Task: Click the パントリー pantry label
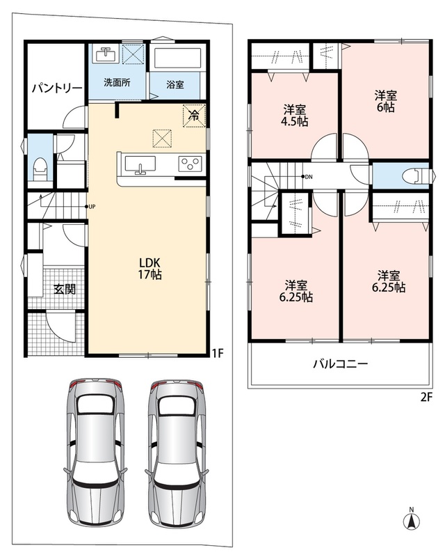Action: pyautogui.click(x=57, y=88)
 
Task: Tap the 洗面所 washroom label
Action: pyautogui.click(x=117, y=83)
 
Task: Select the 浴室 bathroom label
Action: pyautogui.click(x=175, y=84)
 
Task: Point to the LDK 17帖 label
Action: pyautogui.click(x=150, y=268)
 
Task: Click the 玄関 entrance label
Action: pyautogui.click(x=65, y=289)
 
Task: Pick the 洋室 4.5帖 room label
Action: pyautogui.click(x=295, y=116)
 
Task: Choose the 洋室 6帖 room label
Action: pyautogui.click(x=386, y=101)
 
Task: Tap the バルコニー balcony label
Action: pyautogui.click(x=340, y=363)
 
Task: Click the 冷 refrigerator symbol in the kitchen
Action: pyautogui.click(x=194, y=115)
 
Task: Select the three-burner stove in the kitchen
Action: pyautogui.click(x=190, y=164)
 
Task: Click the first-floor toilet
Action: pyautogui.click(x=40, y=169)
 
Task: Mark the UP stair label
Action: pyautogui.click(x=92, y=206)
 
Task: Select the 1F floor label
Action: pyautogui.click(x=218, y=353)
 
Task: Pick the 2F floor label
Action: pyautogui.click(x=427, y=397)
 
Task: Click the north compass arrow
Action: pyautogui.click(x=412, y=520)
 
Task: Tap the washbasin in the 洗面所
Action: pyautogui.click(x=106, y=54)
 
